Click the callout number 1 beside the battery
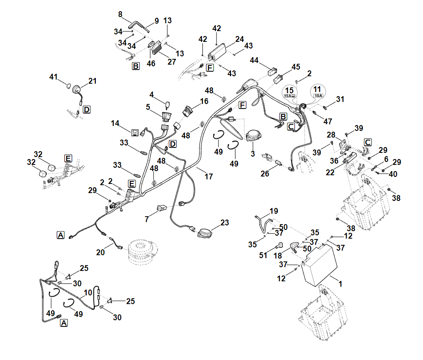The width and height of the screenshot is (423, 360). [x=340, y=284]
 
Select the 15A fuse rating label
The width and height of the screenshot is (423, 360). [x=289, y=96]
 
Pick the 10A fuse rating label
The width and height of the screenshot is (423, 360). [x=318, y=95]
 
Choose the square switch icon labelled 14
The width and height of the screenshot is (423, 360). [x=135, y=133]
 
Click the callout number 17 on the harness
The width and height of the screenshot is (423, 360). [x=209, y=176]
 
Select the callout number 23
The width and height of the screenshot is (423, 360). [x=224, y=222]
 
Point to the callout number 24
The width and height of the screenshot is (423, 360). [x=240, y=39]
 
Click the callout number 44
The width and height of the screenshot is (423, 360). [x=254, y=60]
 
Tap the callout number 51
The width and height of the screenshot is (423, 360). [x=263, y=255]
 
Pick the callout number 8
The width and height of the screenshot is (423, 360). [x=120, y=14]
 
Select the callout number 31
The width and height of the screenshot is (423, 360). [x=340, y=99]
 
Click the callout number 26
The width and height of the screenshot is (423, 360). [x=265, y=174]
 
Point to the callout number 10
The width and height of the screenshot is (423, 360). [x=88, y=293]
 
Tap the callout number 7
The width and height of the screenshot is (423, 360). [x=147, y=219]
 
